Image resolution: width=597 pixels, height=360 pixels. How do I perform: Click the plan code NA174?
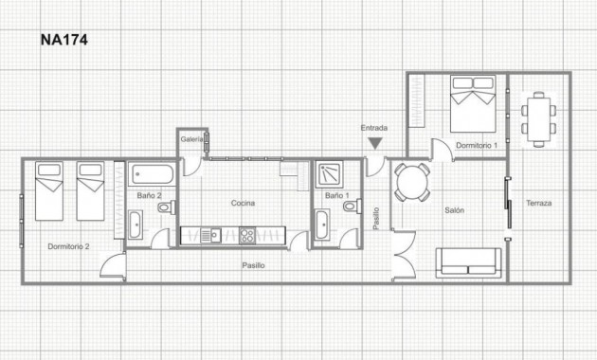click(63, 41)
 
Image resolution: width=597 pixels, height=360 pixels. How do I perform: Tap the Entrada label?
click(374, 128)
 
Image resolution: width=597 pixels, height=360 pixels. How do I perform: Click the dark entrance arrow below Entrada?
click(375, 143)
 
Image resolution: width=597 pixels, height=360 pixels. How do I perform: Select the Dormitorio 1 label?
click(477, 146)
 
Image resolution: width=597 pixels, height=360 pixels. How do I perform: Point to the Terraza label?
click(538, 204)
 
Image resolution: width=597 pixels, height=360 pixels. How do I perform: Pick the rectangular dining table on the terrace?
click(538, 118)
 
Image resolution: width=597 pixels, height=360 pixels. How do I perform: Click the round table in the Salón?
click(412, 181)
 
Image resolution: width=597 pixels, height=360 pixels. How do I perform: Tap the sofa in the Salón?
click(469, 261)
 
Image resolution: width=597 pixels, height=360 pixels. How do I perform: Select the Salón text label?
click(454, 210)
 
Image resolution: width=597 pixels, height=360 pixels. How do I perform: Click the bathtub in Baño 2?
click(151, 174)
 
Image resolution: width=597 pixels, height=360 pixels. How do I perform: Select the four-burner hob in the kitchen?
click(247, 235)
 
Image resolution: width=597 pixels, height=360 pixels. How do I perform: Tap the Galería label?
click(190, 140)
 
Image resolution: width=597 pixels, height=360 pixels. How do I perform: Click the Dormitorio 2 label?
click(68, 246)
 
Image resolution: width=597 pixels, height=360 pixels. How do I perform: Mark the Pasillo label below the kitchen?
click(253, 265)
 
